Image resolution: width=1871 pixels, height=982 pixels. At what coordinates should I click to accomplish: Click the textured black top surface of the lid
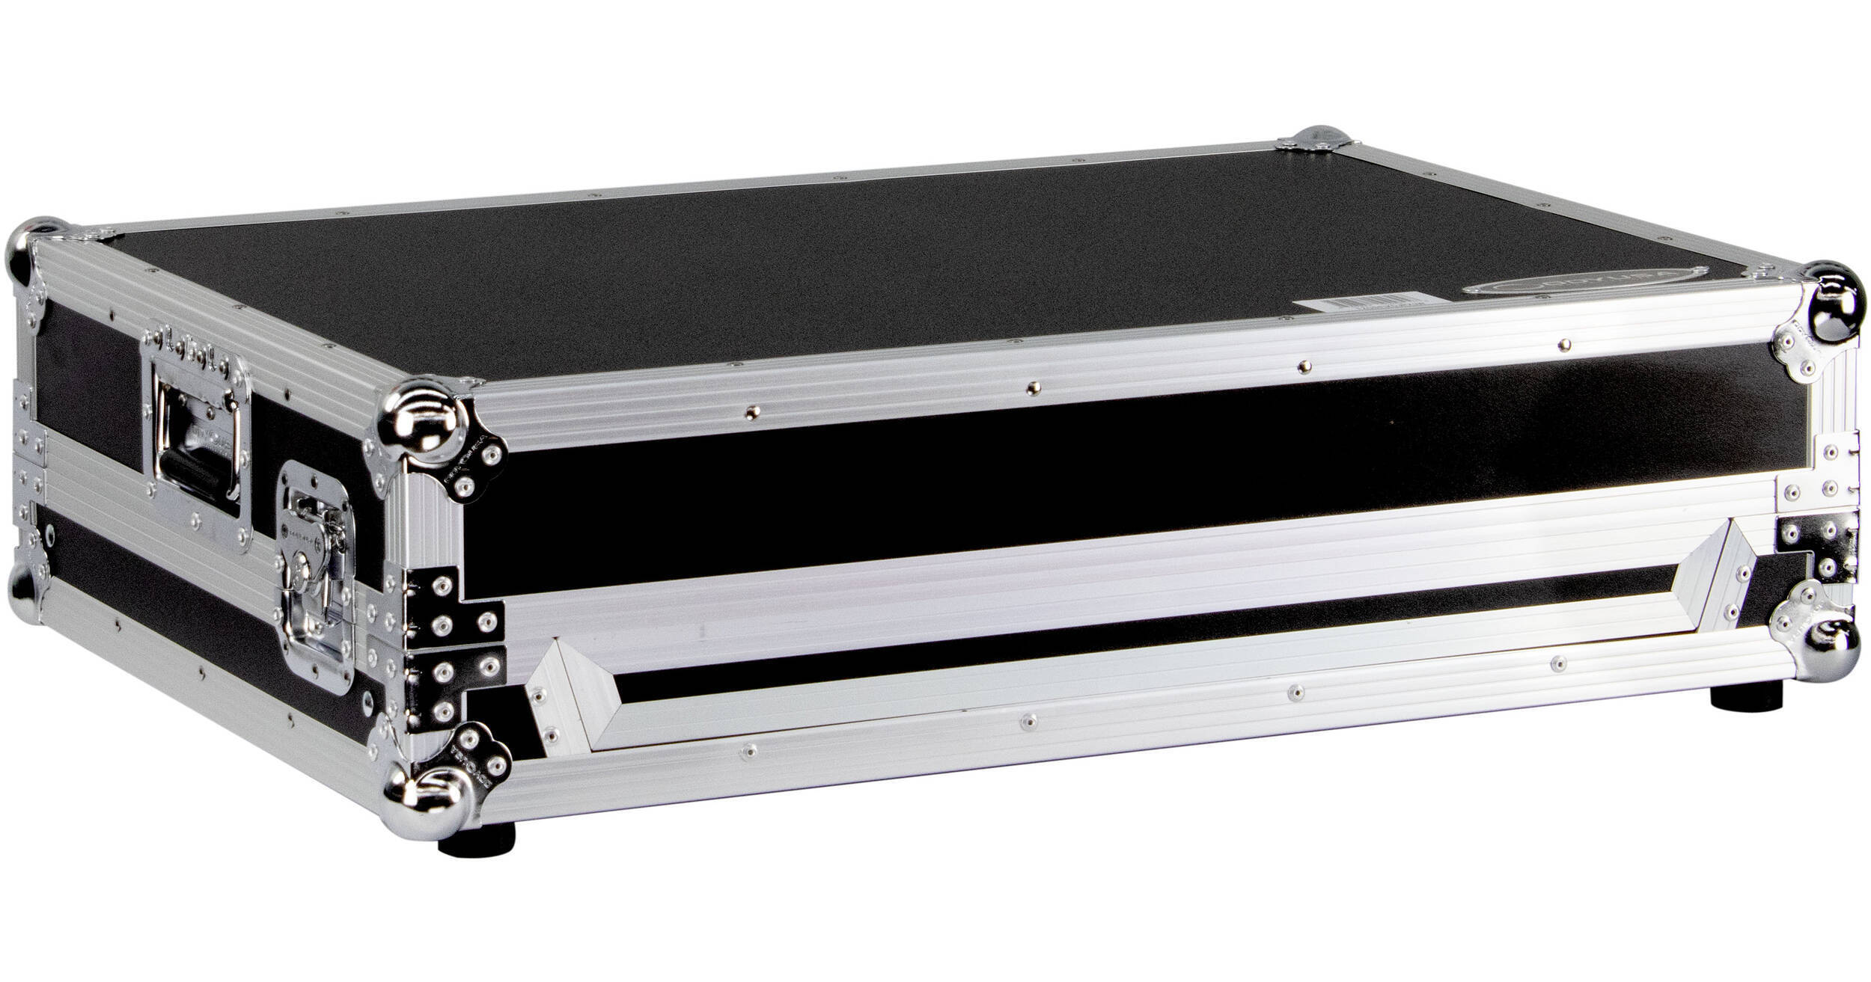coord(823,277)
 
